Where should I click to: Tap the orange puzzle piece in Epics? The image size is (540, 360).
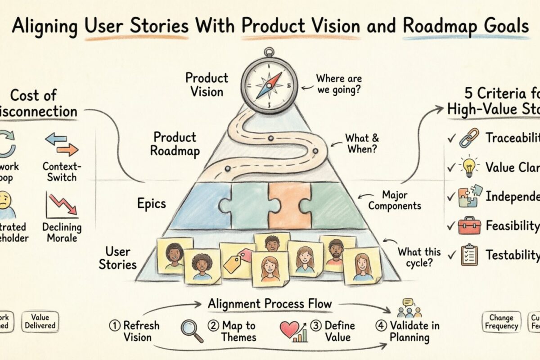(283, 205)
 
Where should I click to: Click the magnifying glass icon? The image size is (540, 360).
(192, 331)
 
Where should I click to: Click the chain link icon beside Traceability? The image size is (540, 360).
(468, 138)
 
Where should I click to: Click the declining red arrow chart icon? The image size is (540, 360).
(62, 205)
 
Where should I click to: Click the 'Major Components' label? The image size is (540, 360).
(401, 200)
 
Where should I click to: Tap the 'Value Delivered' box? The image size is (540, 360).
(40, 321)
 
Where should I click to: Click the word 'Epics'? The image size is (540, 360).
(152, 203)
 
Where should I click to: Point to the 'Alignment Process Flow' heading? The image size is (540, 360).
(270, 304)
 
